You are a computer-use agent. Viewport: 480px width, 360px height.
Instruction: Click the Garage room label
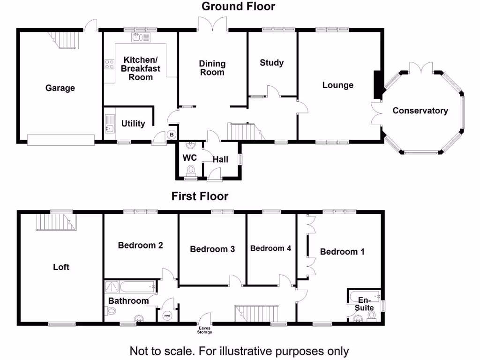(x=60, y=88)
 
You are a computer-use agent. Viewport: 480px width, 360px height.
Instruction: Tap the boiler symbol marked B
(x=172, y=135)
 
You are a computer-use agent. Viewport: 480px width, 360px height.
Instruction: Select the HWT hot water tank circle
(x=167, y=315)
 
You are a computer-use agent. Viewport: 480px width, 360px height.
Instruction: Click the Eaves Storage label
(x=204, y=330)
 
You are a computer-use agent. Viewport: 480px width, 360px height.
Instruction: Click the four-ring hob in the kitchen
(x=109, y=64)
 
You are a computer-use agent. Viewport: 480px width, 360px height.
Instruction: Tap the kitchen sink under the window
(x=141, y=37)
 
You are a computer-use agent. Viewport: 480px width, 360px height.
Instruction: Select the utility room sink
(x=110, y=124)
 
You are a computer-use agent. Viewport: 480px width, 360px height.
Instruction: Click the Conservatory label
(x=420, y=111)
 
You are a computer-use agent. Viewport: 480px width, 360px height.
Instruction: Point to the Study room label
(x=271, y=63)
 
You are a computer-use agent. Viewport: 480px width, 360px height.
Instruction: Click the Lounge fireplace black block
(x=377, y=85)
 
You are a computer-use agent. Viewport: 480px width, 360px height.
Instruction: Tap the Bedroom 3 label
(x=212, y=249)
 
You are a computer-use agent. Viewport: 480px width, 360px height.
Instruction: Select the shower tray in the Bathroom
(x=112, y=287)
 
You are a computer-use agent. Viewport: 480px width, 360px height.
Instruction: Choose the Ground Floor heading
(x=239, y=7)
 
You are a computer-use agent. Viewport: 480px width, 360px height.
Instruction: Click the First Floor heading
(x=200, y=196)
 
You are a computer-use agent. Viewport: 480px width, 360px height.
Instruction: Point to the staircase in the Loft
(x=56, y=222)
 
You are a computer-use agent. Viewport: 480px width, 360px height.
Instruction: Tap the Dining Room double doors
(x=213, y=24)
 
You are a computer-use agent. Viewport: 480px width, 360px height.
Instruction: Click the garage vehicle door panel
(x=61, y=140)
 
